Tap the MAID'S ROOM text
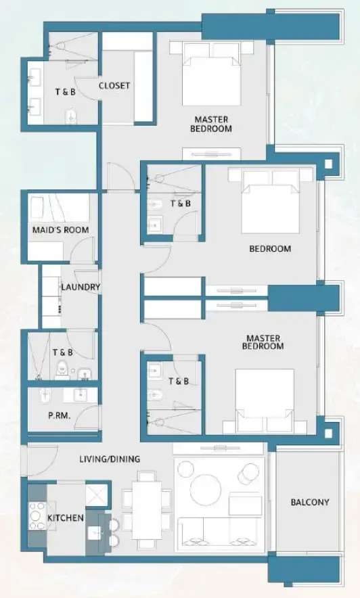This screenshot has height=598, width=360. [x=60, y=230]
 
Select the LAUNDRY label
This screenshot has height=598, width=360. [x=81, y=287]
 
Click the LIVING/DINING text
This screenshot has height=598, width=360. [x=109, y=459]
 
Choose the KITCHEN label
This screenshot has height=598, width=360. [x=66, y=518]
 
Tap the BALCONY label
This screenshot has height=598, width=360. [x=310, y=502]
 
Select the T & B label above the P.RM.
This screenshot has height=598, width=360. [x=62, y=352]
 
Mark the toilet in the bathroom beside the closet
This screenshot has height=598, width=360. [x=71, y=117]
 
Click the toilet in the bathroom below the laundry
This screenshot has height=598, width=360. [x=62, y=370]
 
